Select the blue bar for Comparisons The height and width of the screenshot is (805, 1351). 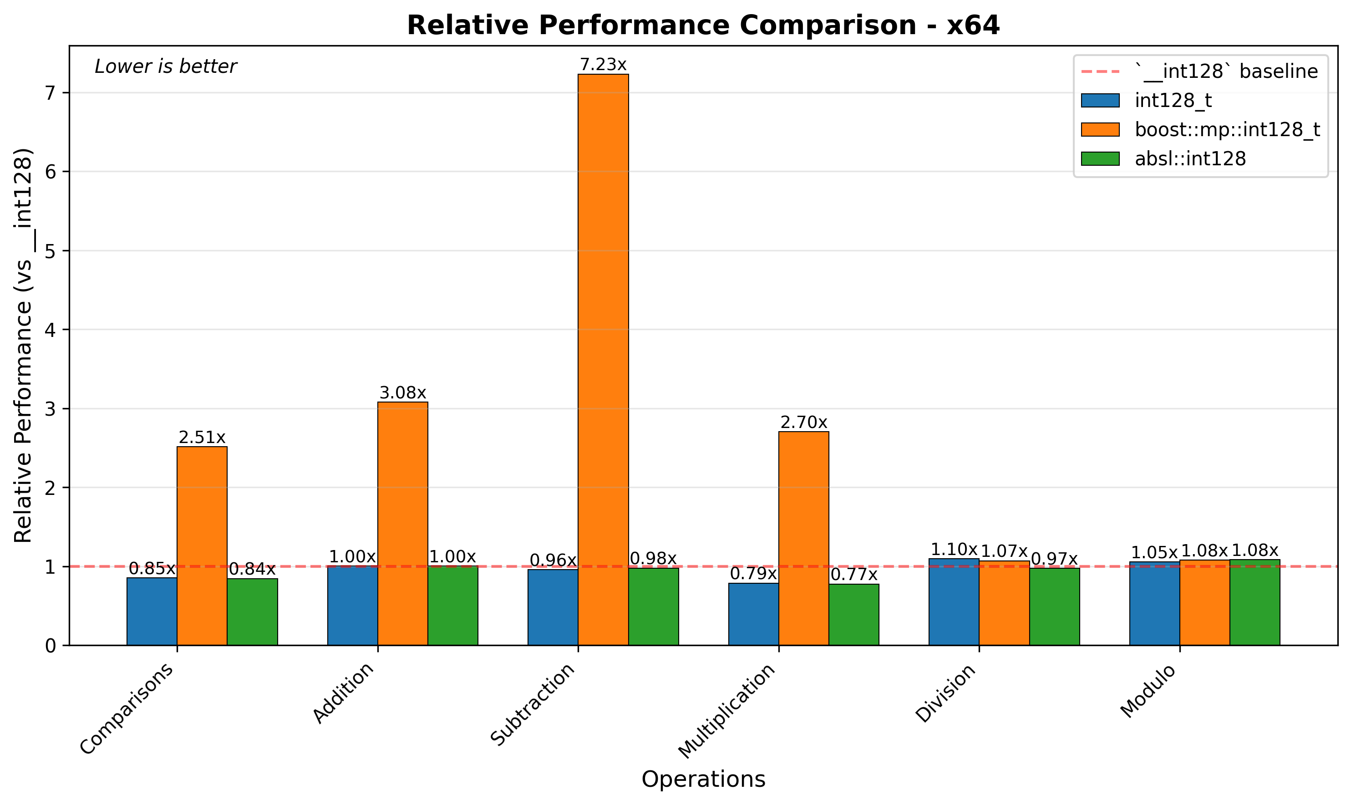click(x=152, y=611)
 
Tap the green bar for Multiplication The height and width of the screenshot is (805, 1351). click(x=854, y=615)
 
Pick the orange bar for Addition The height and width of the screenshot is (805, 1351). click(x=403, y=524)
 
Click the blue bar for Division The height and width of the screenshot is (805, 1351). click(x=954, y=601)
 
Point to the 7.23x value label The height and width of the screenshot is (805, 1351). click(x=603, y=65)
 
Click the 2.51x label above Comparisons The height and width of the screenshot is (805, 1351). click(x=202, y=438)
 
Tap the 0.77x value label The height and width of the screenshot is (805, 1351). click(x=854, y=575)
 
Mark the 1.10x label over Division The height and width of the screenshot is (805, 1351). click(x=954, y=550)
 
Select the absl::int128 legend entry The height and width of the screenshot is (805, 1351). click(x=1190, y=159)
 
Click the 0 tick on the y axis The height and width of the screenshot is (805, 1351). click(x=51, y=646)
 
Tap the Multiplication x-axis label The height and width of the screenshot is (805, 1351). click(x=727, y=711)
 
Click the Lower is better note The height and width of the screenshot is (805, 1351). click(x=165, y=67)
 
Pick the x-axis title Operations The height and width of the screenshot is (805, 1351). click(x=703, y=780)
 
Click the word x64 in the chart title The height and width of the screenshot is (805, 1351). click(x=973, y=25)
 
